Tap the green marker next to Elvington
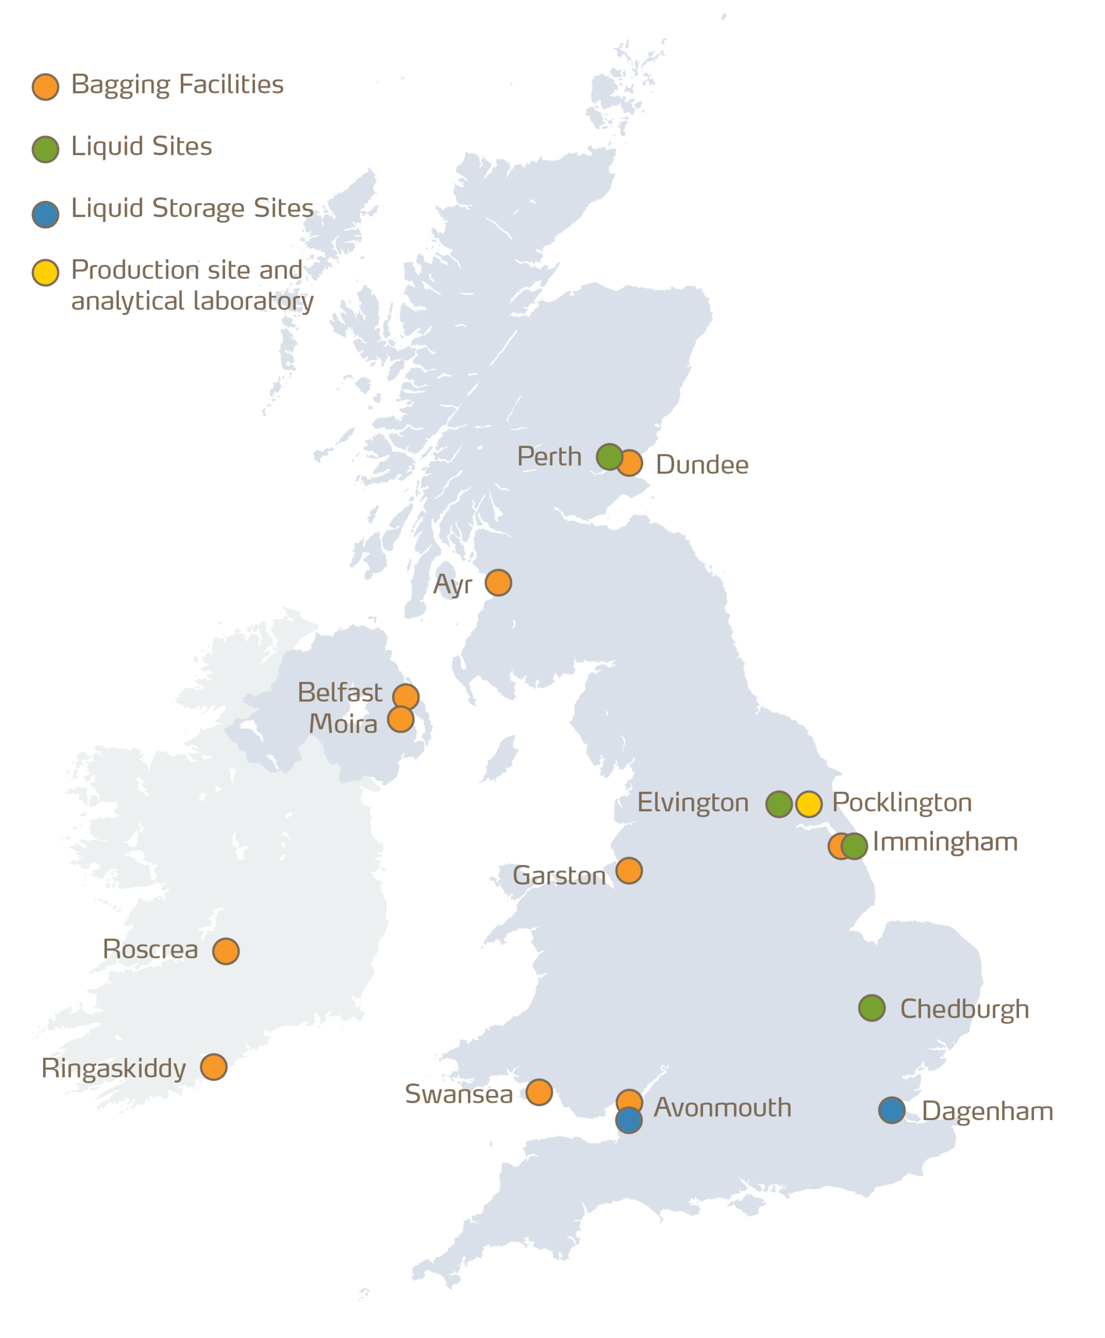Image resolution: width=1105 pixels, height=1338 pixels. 778,804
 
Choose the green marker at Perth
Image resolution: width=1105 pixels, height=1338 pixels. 609,456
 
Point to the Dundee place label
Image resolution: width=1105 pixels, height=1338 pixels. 702,465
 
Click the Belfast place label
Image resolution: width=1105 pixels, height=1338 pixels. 340,693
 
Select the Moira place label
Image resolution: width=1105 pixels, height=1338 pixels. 343,724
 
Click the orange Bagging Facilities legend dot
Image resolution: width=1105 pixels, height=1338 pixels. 45,87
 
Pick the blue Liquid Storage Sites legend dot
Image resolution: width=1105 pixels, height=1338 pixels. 45,214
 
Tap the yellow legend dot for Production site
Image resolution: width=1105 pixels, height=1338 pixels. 45,272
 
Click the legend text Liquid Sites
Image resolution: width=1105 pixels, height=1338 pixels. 141,146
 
